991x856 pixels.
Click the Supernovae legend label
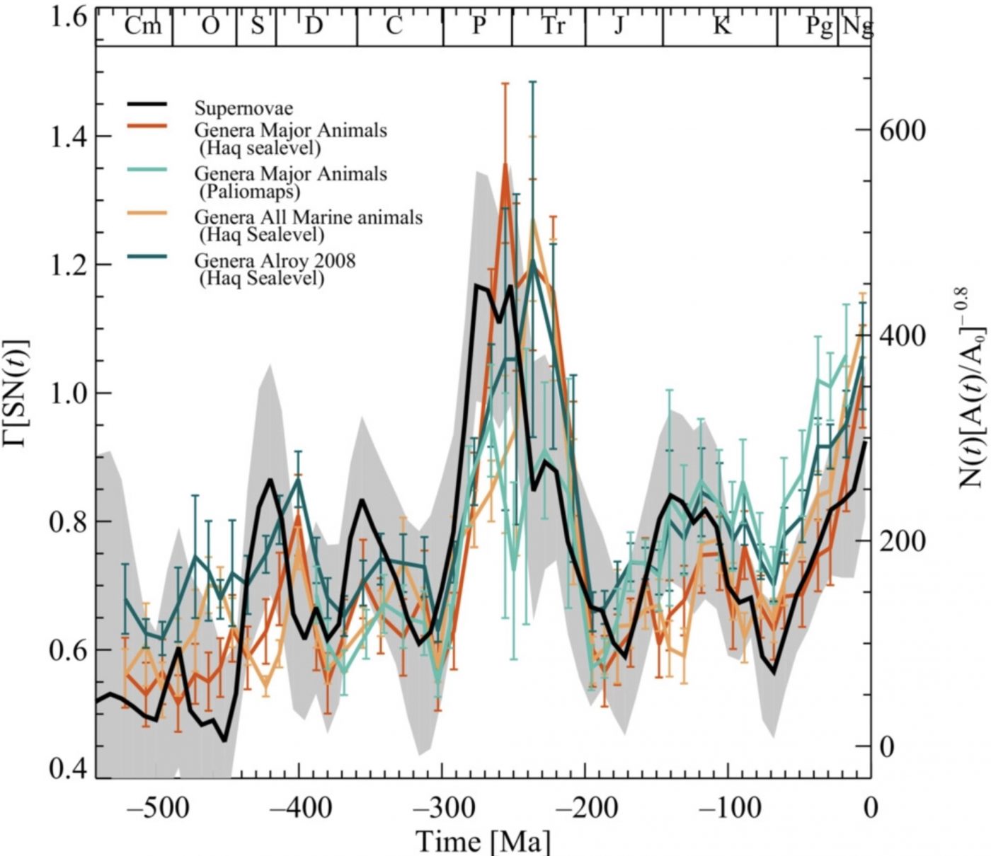(x=244, y=108)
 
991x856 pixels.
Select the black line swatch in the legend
(x=147, y=105)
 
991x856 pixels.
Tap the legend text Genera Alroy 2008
(x=275, y=261)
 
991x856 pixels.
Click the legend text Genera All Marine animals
(x=308, y=216)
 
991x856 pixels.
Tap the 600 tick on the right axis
(x=901, y=130)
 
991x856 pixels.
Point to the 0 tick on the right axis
(x=886, y=746)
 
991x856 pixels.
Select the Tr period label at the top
(x=553, y=26)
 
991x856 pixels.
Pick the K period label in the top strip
(x=721, y=26)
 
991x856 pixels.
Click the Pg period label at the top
(x=819, y=27)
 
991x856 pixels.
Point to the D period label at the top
(x=313, y=26)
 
